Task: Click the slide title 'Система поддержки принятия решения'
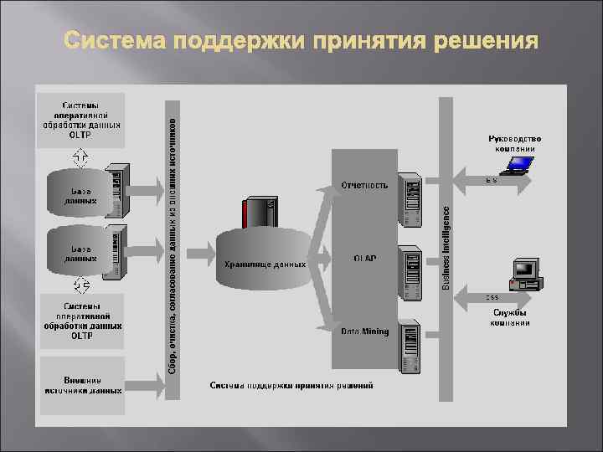click(300, 42)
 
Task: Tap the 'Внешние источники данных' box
click(82, 384)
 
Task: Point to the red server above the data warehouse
click(257, 213)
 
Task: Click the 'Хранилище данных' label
click(265, 265)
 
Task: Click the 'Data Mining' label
click(364, 331)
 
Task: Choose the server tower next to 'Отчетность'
click(409, 201)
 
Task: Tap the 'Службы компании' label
click(510, 318)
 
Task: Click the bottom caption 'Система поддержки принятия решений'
click(291, 386)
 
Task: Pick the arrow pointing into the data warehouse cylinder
click(200, 251)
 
